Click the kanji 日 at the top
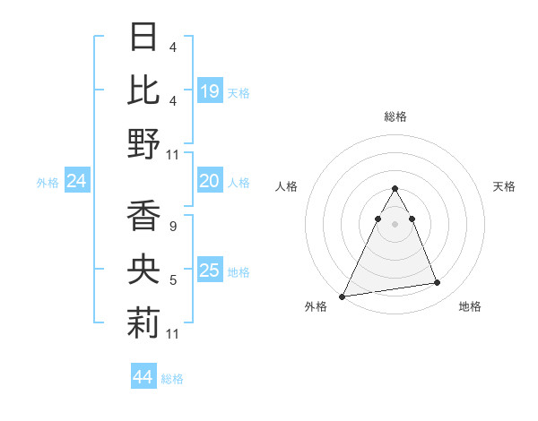pos(144,37)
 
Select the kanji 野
pos(144,143)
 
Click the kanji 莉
pos(144,323)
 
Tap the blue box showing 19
pos(210,91)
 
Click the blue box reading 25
pos(210,271)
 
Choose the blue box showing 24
pos(77,182)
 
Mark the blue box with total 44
pos(143,378)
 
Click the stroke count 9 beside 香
pos(172,228)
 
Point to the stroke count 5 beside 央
pos(172,280)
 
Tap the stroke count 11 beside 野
pos(173,154)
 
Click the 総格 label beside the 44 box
pos(173,379)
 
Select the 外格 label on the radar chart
pos(316,307)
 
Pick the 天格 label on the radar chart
pos(505,186)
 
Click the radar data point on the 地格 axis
pos(438,283)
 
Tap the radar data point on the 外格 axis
pos(343,296)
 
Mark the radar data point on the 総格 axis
pos(395,188)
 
